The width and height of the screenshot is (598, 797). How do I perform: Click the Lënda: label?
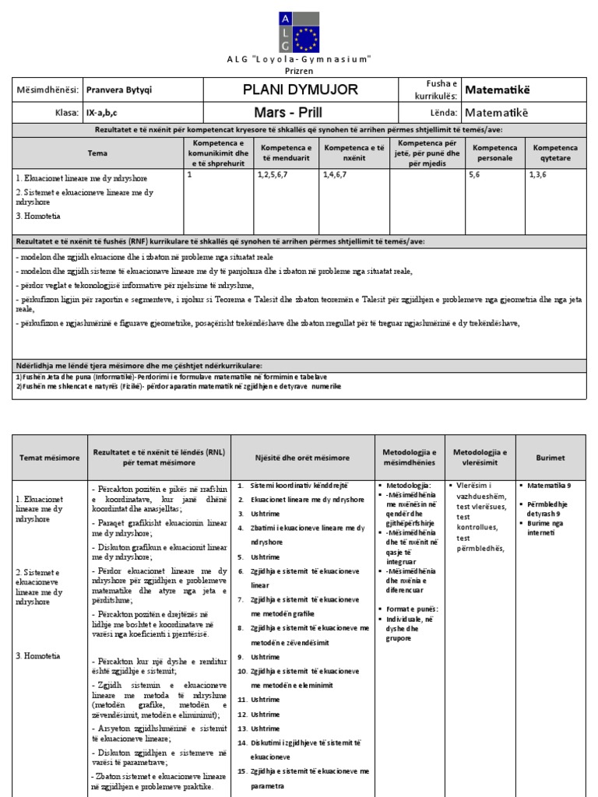point(441,113)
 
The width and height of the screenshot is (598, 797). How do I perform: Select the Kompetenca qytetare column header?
point(554,153)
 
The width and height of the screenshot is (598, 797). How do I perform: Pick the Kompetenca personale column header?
point(494,153)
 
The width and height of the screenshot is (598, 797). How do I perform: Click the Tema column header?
point(98,153)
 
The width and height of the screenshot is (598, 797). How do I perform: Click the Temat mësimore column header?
point(50,458)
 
